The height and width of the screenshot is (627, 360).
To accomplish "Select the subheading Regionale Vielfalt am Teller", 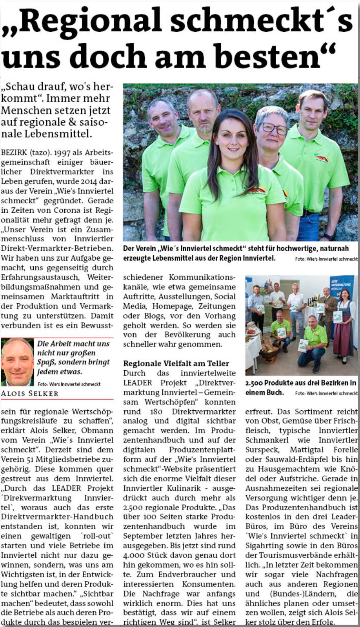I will click(x=176, y=363).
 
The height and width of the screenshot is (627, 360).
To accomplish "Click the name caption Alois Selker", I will click(x=30, y=393).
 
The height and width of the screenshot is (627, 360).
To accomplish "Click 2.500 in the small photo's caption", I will click(x=254, y=383).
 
